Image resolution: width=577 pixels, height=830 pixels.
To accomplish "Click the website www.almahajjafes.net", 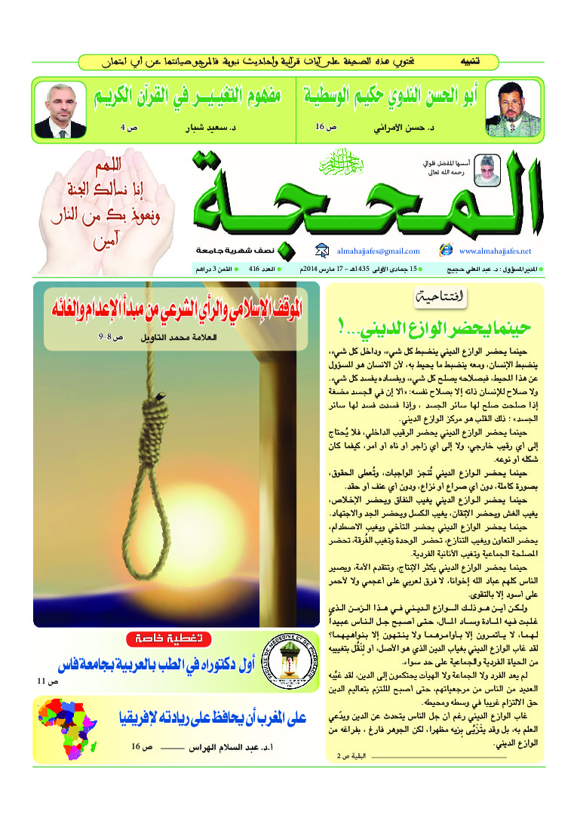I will coord(495,251).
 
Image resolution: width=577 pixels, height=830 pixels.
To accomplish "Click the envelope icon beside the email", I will coord(321,251).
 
